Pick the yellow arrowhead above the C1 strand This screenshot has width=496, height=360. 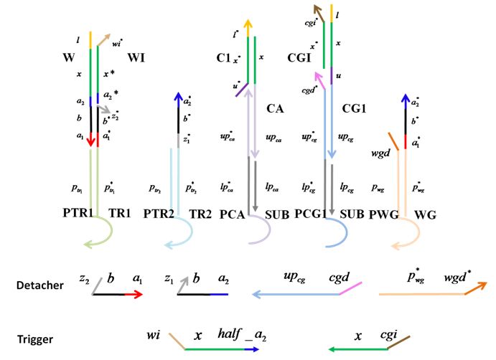tap(248, 23)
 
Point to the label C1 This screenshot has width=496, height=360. tap(223, 57)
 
